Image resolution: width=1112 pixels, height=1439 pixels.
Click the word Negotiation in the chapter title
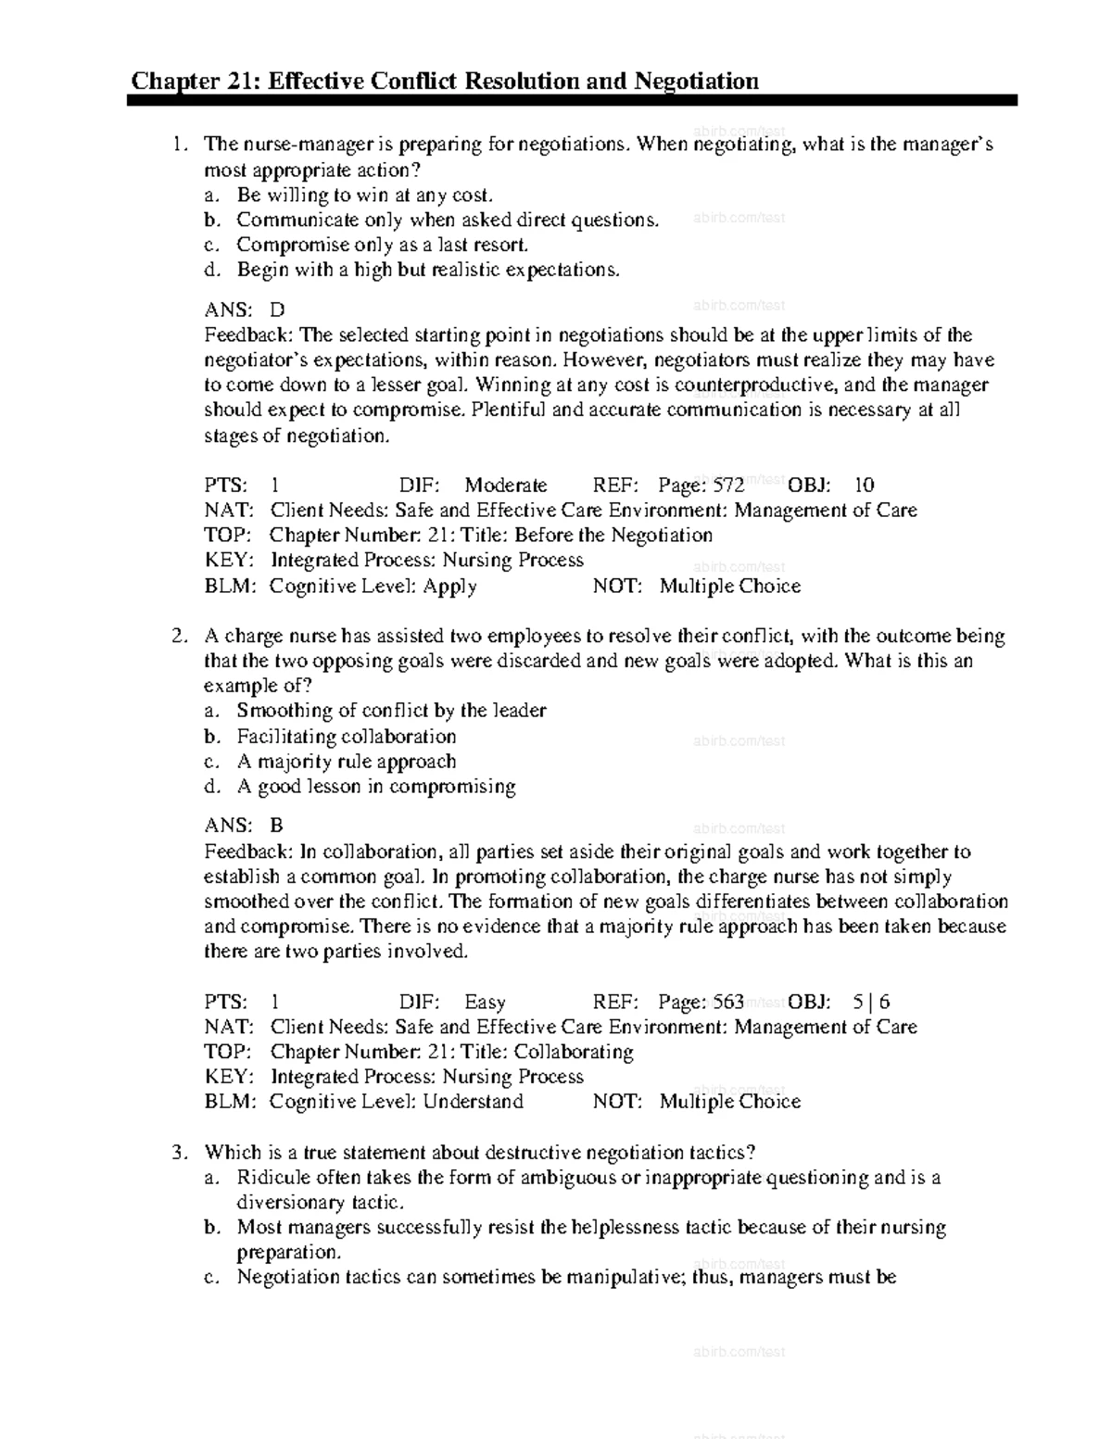(696, 82)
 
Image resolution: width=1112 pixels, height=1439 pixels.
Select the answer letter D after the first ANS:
(277, 310)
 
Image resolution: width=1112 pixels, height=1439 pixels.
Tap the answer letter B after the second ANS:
(276, 826)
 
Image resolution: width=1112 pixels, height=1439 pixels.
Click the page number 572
(728, 486)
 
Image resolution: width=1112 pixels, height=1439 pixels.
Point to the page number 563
(728, 1002)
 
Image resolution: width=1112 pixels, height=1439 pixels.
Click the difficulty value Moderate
(505, 486)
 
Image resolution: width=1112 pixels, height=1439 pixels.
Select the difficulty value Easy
(485, 1002)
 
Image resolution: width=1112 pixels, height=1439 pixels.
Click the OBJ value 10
(864, 486)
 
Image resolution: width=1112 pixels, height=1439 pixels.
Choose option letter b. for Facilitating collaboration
(212, 737)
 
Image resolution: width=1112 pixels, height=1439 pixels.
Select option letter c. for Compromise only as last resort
(212, 246)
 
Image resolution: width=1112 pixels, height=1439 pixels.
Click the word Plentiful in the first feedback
(509, 410)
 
